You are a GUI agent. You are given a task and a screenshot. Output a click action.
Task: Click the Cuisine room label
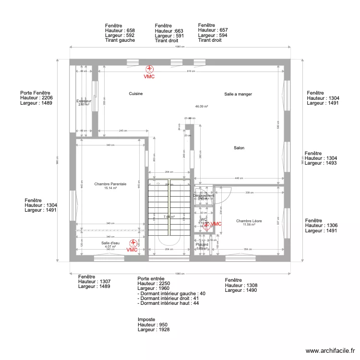[136, 94]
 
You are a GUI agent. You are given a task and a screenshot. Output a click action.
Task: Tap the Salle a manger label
[238, 94]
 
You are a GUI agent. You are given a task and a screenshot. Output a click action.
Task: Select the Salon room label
[239, 148]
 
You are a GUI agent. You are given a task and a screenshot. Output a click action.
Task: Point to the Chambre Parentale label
[110, 184]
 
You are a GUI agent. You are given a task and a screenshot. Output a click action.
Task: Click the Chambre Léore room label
[249, 221]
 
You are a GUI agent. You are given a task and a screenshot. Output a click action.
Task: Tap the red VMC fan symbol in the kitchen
[150, 70]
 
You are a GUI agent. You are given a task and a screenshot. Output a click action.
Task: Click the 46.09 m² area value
[201, 107]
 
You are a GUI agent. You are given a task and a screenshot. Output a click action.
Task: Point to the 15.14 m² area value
[111, 188]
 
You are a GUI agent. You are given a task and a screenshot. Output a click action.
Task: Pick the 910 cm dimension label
[191, 71]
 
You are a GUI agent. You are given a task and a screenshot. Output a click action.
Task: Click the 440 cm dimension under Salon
[239, 178]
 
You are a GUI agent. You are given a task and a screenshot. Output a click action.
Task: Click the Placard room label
[202, 244]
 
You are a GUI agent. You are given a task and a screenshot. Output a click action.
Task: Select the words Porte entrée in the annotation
[151, 278]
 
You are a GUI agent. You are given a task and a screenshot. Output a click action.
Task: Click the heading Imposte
[146, 319]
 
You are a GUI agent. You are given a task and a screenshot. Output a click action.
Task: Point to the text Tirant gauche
[120, 40]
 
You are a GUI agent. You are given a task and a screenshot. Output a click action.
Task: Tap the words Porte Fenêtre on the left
[35, 93]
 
